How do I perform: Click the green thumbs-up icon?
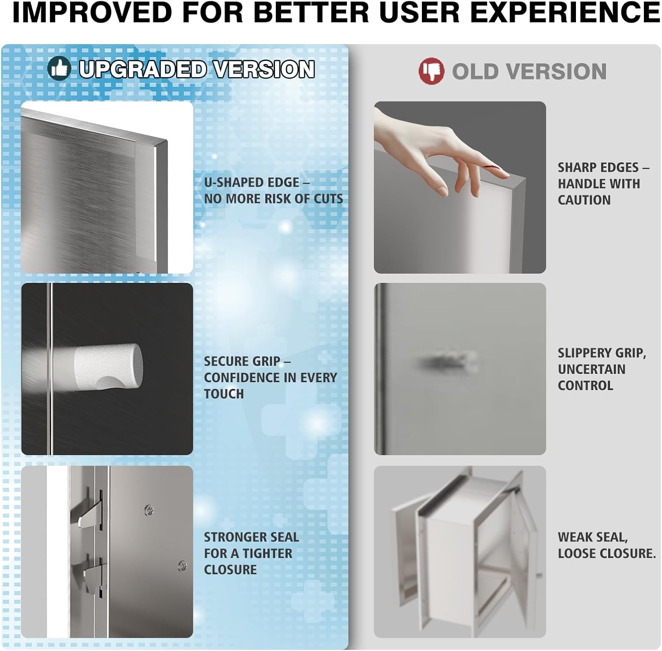click(60, 69)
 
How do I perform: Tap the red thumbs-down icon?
click(431, 71)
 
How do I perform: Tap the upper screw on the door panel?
click(150, 510)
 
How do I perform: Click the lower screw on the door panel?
click(182, 565)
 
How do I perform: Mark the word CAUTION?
click(584, 200)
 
